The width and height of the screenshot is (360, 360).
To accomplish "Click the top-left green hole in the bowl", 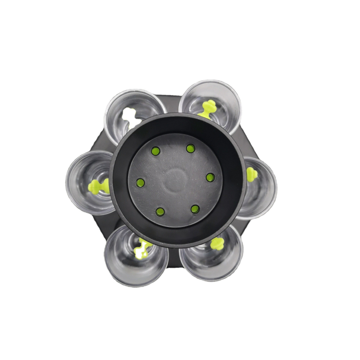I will click(155, 151).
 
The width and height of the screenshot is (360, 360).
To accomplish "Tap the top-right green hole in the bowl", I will click(190, 149).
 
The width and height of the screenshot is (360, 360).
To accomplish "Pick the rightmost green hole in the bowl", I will click(210, 177).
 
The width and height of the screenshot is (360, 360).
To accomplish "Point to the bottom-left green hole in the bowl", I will click(160, 211).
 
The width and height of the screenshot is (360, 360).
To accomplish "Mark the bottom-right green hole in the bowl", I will click(195, 209).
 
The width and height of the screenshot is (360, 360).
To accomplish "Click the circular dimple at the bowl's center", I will click(175, 180).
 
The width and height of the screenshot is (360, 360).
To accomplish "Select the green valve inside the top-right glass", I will click(208, 109).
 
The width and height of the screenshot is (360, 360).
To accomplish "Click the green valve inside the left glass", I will click(98, 186).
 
